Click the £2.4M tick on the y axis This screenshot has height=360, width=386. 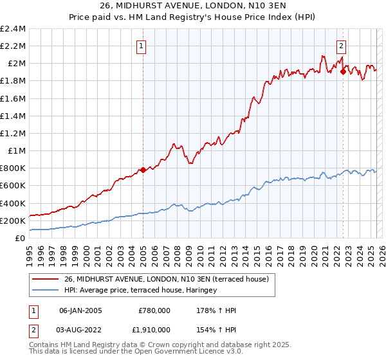(14, 29)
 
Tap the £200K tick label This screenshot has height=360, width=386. (14, 221)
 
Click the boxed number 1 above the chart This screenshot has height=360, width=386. (141, 46)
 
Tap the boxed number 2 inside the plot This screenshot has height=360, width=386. (341, 46)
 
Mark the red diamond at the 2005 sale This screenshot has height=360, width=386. (143, 170)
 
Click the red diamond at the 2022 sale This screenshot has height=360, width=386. (343, 71)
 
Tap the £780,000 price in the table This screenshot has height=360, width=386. (154, 310)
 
